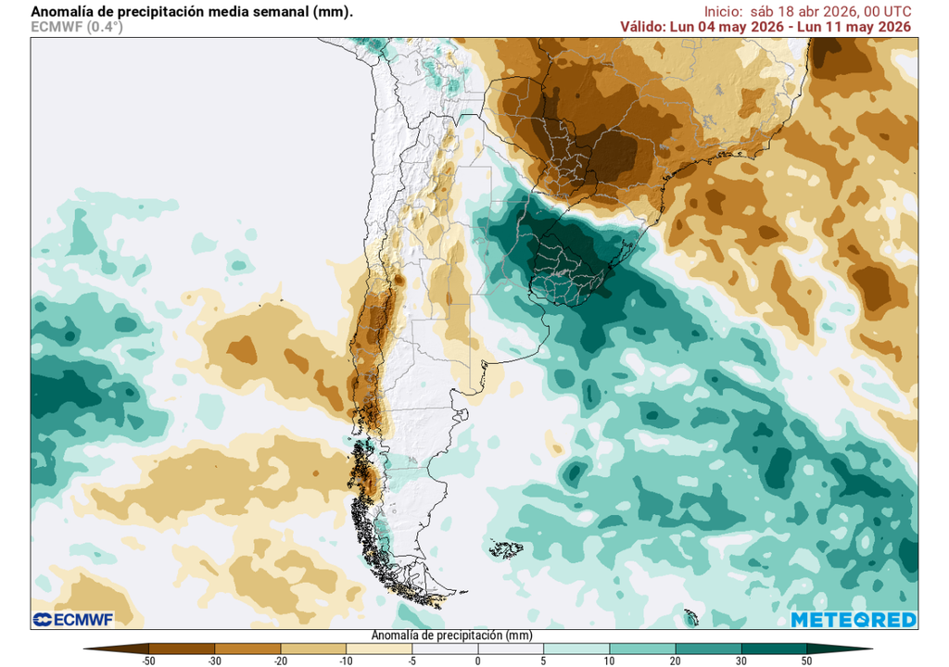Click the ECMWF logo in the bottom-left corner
click(71, 620)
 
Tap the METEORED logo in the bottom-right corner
click(854, 620)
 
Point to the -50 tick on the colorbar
click(148, 661)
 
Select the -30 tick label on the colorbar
click(214, 661)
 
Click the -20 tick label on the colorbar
click(280, 661)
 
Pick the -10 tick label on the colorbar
click(346, 661)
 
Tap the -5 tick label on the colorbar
click(411, 661)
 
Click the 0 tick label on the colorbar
click(477, 661)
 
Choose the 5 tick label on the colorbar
click(543, 661)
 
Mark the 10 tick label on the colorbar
click(609, 661)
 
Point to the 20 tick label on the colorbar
click(675, 661)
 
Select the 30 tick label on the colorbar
click(740, 661)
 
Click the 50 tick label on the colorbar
click(806, 661)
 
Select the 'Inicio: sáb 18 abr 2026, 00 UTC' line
click(807, 11)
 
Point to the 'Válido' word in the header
click(642, 26)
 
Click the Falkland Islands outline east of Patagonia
click(507, 549)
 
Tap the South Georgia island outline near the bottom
click(690, 617)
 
